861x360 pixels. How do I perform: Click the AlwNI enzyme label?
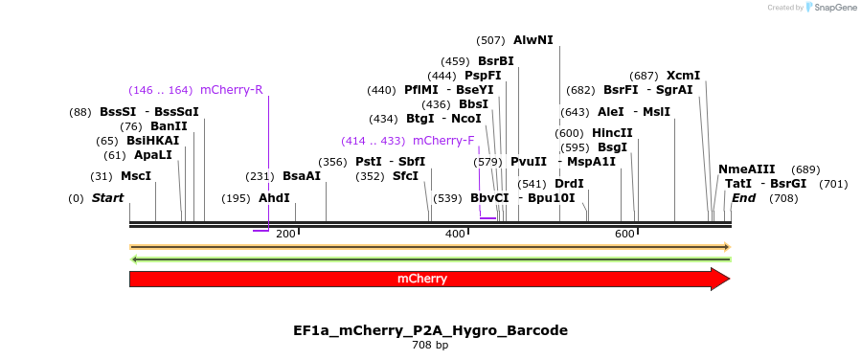[x=532, y=40]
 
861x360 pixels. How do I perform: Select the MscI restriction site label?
[x=135, y=176]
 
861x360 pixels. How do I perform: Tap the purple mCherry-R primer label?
[x=231, y=90]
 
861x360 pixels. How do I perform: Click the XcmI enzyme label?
[x=683, y=76]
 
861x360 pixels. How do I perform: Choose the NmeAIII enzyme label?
[x=747, y=169]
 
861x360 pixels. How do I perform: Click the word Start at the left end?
[x=107, y=198]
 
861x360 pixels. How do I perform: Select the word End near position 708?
[x=744, y=198]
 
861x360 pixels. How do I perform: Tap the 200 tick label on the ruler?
[x=285, y=234]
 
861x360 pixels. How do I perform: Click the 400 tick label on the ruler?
[x=455, y=234]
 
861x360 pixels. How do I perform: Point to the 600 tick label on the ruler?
[x=624, y=234]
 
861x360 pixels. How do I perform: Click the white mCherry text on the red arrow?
[x=422, y=280]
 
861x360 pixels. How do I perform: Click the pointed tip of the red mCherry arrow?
[x=728, y=279]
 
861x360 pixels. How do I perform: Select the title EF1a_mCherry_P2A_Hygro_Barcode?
[x=430, y=330]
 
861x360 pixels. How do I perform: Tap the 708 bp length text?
[x=430, y=346]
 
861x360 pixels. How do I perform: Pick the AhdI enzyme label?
[x=274, y=198]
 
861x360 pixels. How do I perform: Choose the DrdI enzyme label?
[x=569, y=184]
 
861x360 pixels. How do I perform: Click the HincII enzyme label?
[x=612, y=133]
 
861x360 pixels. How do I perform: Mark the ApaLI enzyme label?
[x=152, y=155]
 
